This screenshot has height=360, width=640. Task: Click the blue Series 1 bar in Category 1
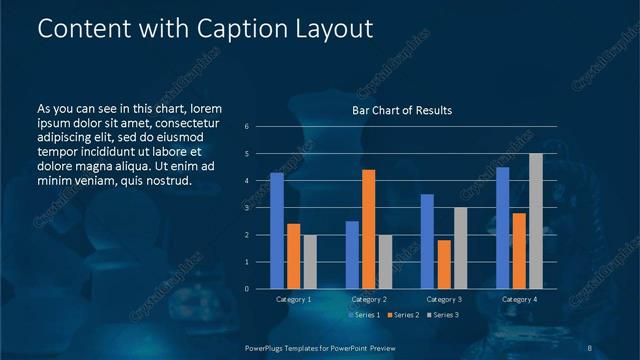277,231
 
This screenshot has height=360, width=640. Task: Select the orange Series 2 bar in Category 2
368,229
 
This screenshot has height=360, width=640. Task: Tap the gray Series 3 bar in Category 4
536,221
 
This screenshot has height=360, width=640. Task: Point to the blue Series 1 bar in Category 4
502,228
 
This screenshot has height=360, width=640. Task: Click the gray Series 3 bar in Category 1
310,262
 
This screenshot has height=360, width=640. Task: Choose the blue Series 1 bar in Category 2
352,255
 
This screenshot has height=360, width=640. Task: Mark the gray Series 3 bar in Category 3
460,248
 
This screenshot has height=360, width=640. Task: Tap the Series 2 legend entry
402,315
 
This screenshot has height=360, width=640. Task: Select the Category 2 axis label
369,299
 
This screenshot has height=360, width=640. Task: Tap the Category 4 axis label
519,299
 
